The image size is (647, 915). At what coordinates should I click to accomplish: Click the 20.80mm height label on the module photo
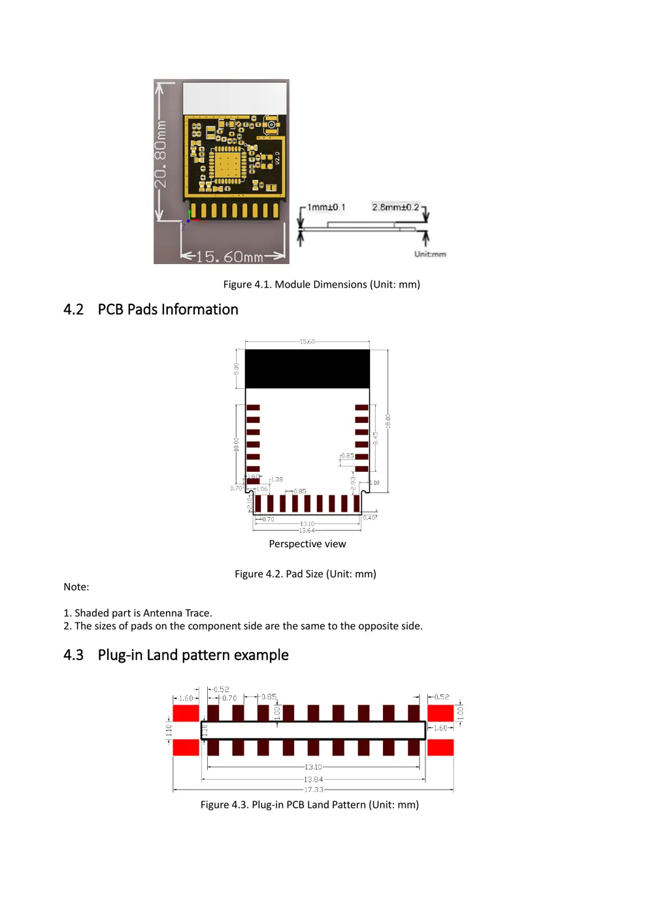pos(160,154)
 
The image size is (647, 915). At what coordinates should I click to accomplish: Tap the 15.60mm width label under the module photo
pos(230,257)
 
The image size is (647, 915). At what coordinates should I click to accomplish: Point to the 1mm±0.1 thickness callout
pos(326,207)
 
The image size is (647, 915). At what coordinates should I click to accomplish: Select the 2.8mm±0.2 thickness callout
pos(395,207)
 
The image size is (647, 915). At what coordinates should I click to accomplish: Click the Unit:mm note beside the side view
pos(430,254)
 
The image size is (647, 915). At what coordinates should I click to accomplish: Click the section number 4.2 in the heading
pos(73,310)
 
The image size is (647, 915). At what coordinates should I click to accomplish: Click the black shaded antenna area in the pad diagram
pos(307,369)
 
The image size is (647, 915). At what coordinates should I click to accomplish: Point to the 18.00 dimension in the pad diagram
pos(388,421)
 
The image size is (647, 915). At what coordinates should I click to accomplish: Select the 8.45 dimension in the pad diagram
pos(375,437)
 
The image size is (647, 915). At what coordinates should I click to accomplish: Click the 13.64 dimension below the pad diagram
pos(307,530)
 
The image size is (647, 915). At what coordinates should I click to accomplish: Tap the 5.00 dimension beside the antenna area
pos(237,369)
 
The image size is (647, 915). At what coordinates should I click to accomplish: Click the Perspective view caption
pos(307,544)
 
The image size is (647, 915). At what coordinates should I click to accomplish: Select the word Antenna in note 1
pos(163,613)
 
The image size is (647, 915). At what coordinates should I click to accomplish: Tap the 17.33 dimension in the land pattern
pos(314,790)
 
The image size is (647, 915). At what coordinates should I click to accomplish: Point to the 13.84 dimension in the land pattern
pos(314,779)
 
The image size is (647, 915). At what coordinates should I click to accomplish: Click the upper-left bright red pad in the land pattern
pos(186,713)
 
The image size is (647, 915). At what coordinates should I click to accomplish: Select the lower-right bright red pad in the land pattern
pos(440,748)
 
